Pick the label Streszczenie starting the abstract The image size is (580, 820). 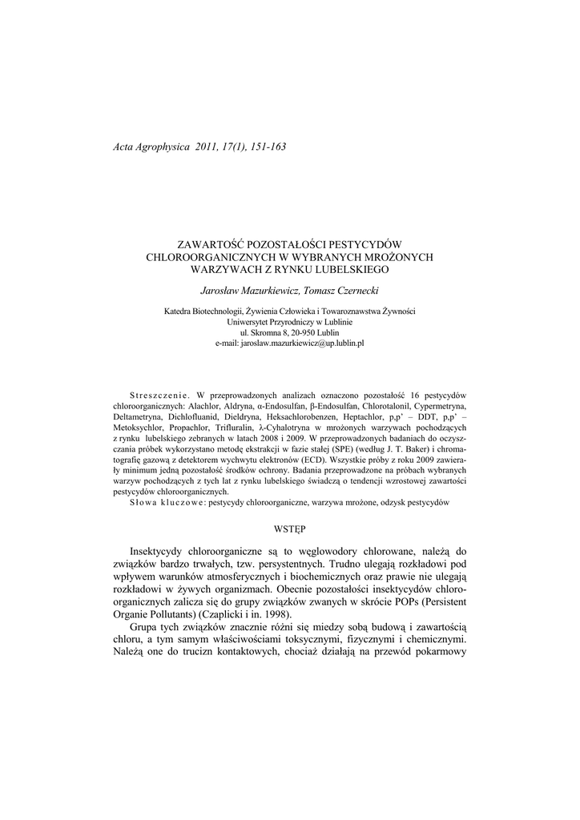pos(158,396)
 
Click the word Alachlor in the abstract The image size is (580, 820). pos(202,406)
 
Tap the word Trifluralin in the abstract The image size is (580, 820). pos(231,428)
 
